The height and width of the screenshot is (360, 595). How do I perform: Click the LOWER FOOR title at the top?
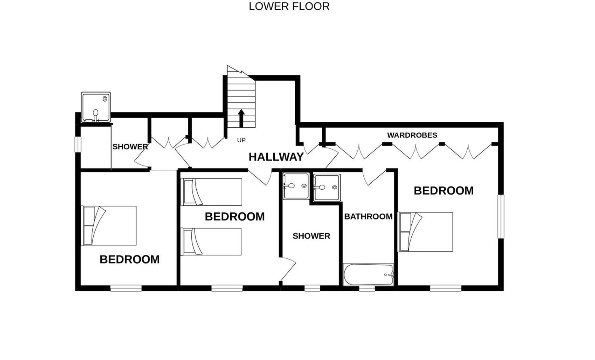(x=289, y=6)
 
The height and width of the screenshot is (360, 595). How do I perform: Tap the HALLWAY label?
(x=276, y=157)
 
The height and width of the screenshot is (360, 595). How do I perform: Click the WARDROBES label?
(x=412, y=135)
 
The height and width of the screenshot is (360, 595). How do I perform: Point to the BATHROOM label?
(x=368, y=216)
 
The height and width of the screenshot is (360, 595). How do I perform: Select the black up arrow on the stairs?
(x=241, y=118)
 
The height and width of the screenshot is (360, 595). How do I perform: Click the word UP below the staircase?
(x=241, y=140)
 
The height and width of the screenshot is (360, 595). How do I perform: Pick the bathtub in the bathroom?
(x=368, y=274)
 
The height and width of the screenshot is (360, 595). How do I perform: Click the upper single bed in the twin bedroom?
(x=211, y=192)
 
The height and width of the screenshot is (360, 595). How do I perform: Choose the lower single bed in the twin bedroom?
(x=211, y=241)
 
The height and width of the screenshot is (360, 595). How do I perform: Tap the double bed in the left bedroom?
(x=109, y=226)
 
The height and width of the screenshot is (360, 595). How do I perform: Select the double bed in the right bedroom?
(x=425, y=232)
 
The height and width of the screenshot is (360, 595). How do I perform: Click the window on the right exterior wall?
(x=501, y=216)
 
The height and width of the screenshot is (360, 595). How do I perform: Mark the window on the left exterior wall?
(x=78, y=144)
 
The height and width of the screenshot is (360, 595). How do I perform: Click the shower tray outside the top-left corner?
(x=96, y=107)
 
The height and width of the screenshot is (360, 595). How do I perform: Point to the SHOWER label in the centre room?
(x=311, y=236)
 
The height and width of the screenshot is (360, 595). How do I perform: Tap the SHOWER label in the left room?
(x=130, y=147)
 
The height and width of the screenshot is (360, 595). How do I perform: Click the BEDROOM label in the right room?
(x=443, y=191)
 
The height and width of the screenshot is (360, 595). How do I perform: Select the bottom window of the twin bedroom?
(x=227, y=288)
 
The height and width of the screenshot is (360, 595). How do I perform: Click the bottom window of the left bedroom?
(x=126, y=288)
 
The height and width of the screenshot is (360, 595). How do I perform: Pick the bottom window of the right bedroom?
(x=446, y=288)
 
